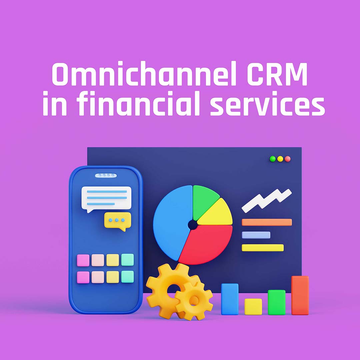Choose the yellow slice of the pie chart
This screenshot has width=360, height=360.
[217, 215]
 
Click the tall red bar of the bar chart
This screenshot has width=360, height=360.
[300, 295]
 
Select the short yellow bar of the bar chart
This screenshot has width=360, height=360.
[253, 306]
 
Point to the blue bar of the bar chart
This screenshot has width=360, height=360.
[230, 299]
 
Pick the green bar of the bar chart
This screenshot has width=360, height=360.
[276, 302]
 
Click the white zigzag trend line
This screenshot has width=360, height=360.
[266, 200]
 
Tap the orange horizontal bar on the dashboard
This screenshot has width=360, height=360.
[267, 222]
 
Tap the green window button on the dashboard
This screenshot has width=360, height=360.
[273, 159]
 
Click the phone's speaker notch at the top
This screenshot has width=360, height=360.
[106, 175]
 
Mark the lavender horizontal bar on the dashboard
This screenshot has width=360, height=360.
[256, 235]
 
